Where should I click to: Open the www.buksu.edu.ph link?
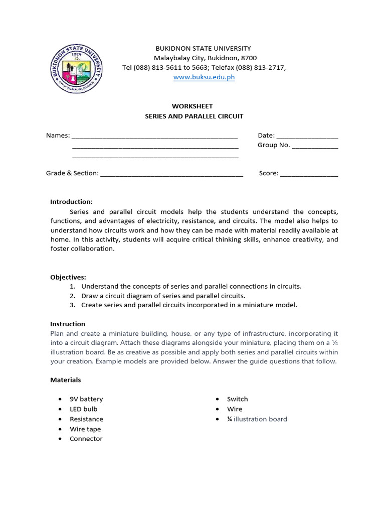tap(204, 77)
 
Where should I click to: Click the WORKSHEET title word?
tap(192, 106)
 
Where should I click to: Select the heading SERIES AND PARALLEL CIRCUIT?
tap(194, 116)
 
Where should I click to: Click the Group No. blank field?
tap(315, 146)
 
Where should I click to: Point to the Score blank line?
tap(309, 174)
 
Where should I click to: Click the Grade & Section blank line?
tap(171, 174)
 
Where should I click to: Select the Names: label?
tap(58, 136)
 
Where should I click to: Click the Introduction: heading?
tap(71, 202)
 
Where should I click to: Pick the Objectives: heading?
tap(68, 277)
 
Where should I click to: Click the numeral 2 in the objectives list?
tap(73, 296)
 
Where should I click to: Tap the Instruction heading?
tap(68, 324)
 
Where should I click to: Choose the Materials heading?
tap(65, 380)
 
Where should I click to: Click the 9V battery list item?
tap(86, 399)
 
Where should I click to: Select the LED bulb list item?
tap(83, 409)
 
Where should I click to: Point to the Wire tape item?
tap(85, 429)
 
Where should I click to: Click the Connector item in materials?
tap(86, 439)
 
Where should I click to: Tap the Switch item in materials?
tap(237, 399)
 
